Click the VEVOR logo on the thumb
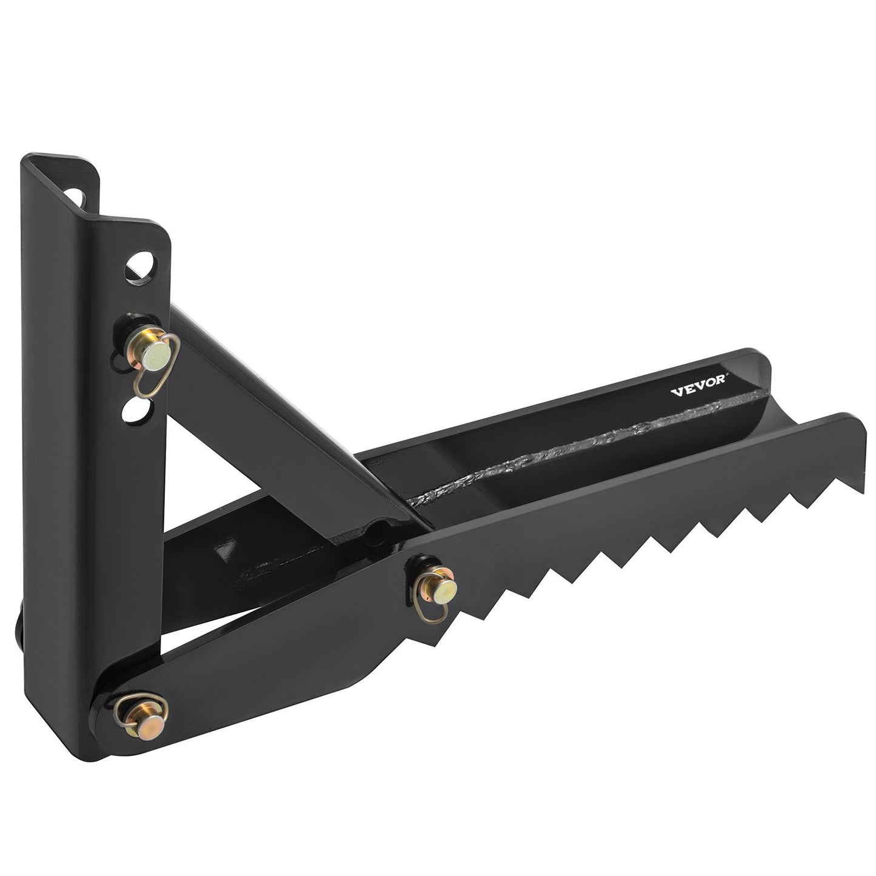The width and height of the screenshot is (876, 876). pyautogui.click(x=700, y=390)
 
